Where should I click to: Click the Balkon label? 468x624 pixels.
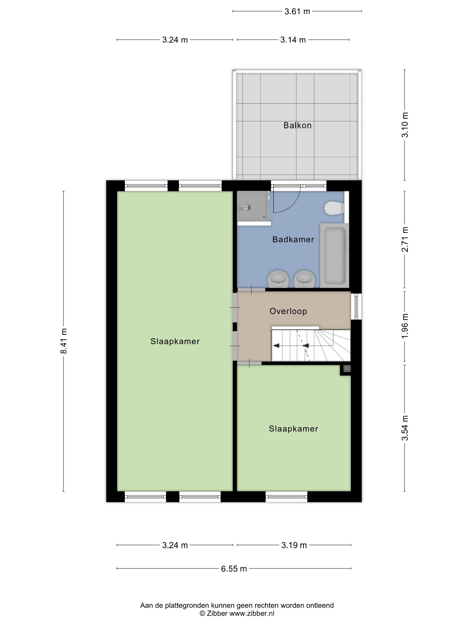coord(297,125)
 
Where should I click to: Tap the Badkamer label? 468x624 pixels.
coord(293,240)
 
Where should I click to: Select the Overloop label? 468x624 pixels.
coord(288,311)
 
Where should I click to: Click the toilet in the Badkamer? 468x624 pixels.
coord(334,208)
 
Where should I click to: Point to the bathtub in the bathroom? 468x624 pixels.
coord(335,256)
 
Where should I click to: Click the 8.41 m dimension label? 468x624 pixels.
coord(64,341)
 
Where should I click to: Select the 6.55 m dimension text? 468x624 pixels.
coord(234,569)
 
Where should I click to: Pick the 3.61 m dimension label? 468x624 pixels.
coord(297,12)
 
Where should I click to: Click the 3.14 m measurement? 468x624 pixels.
coord(293,40)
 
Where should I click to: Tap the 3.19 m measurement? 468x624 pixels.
coord(294,545)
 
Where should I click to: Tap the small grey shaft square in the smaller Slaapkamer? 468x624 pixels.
coord(347,368)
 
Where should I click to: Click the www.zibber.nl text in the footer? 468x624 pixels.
coord(252,613)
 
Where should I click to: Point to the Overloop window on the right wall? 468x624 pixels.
coord(356,306)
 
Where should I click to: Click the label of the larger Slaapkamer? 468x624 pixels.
coord(175,341)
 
